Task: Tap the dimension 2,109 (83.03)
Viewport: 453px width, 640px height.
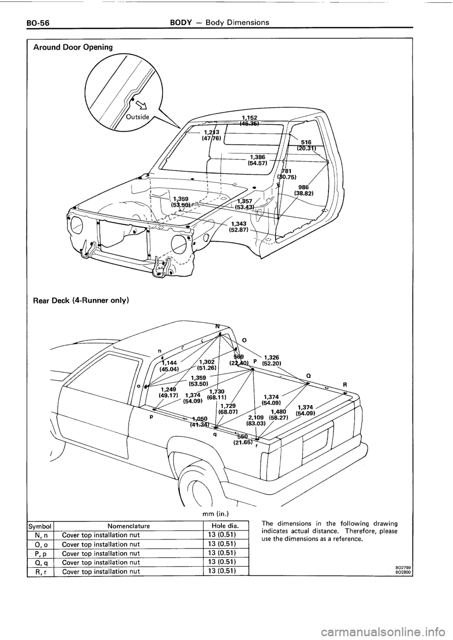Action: pyautogui.click(x=258, y=420)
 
